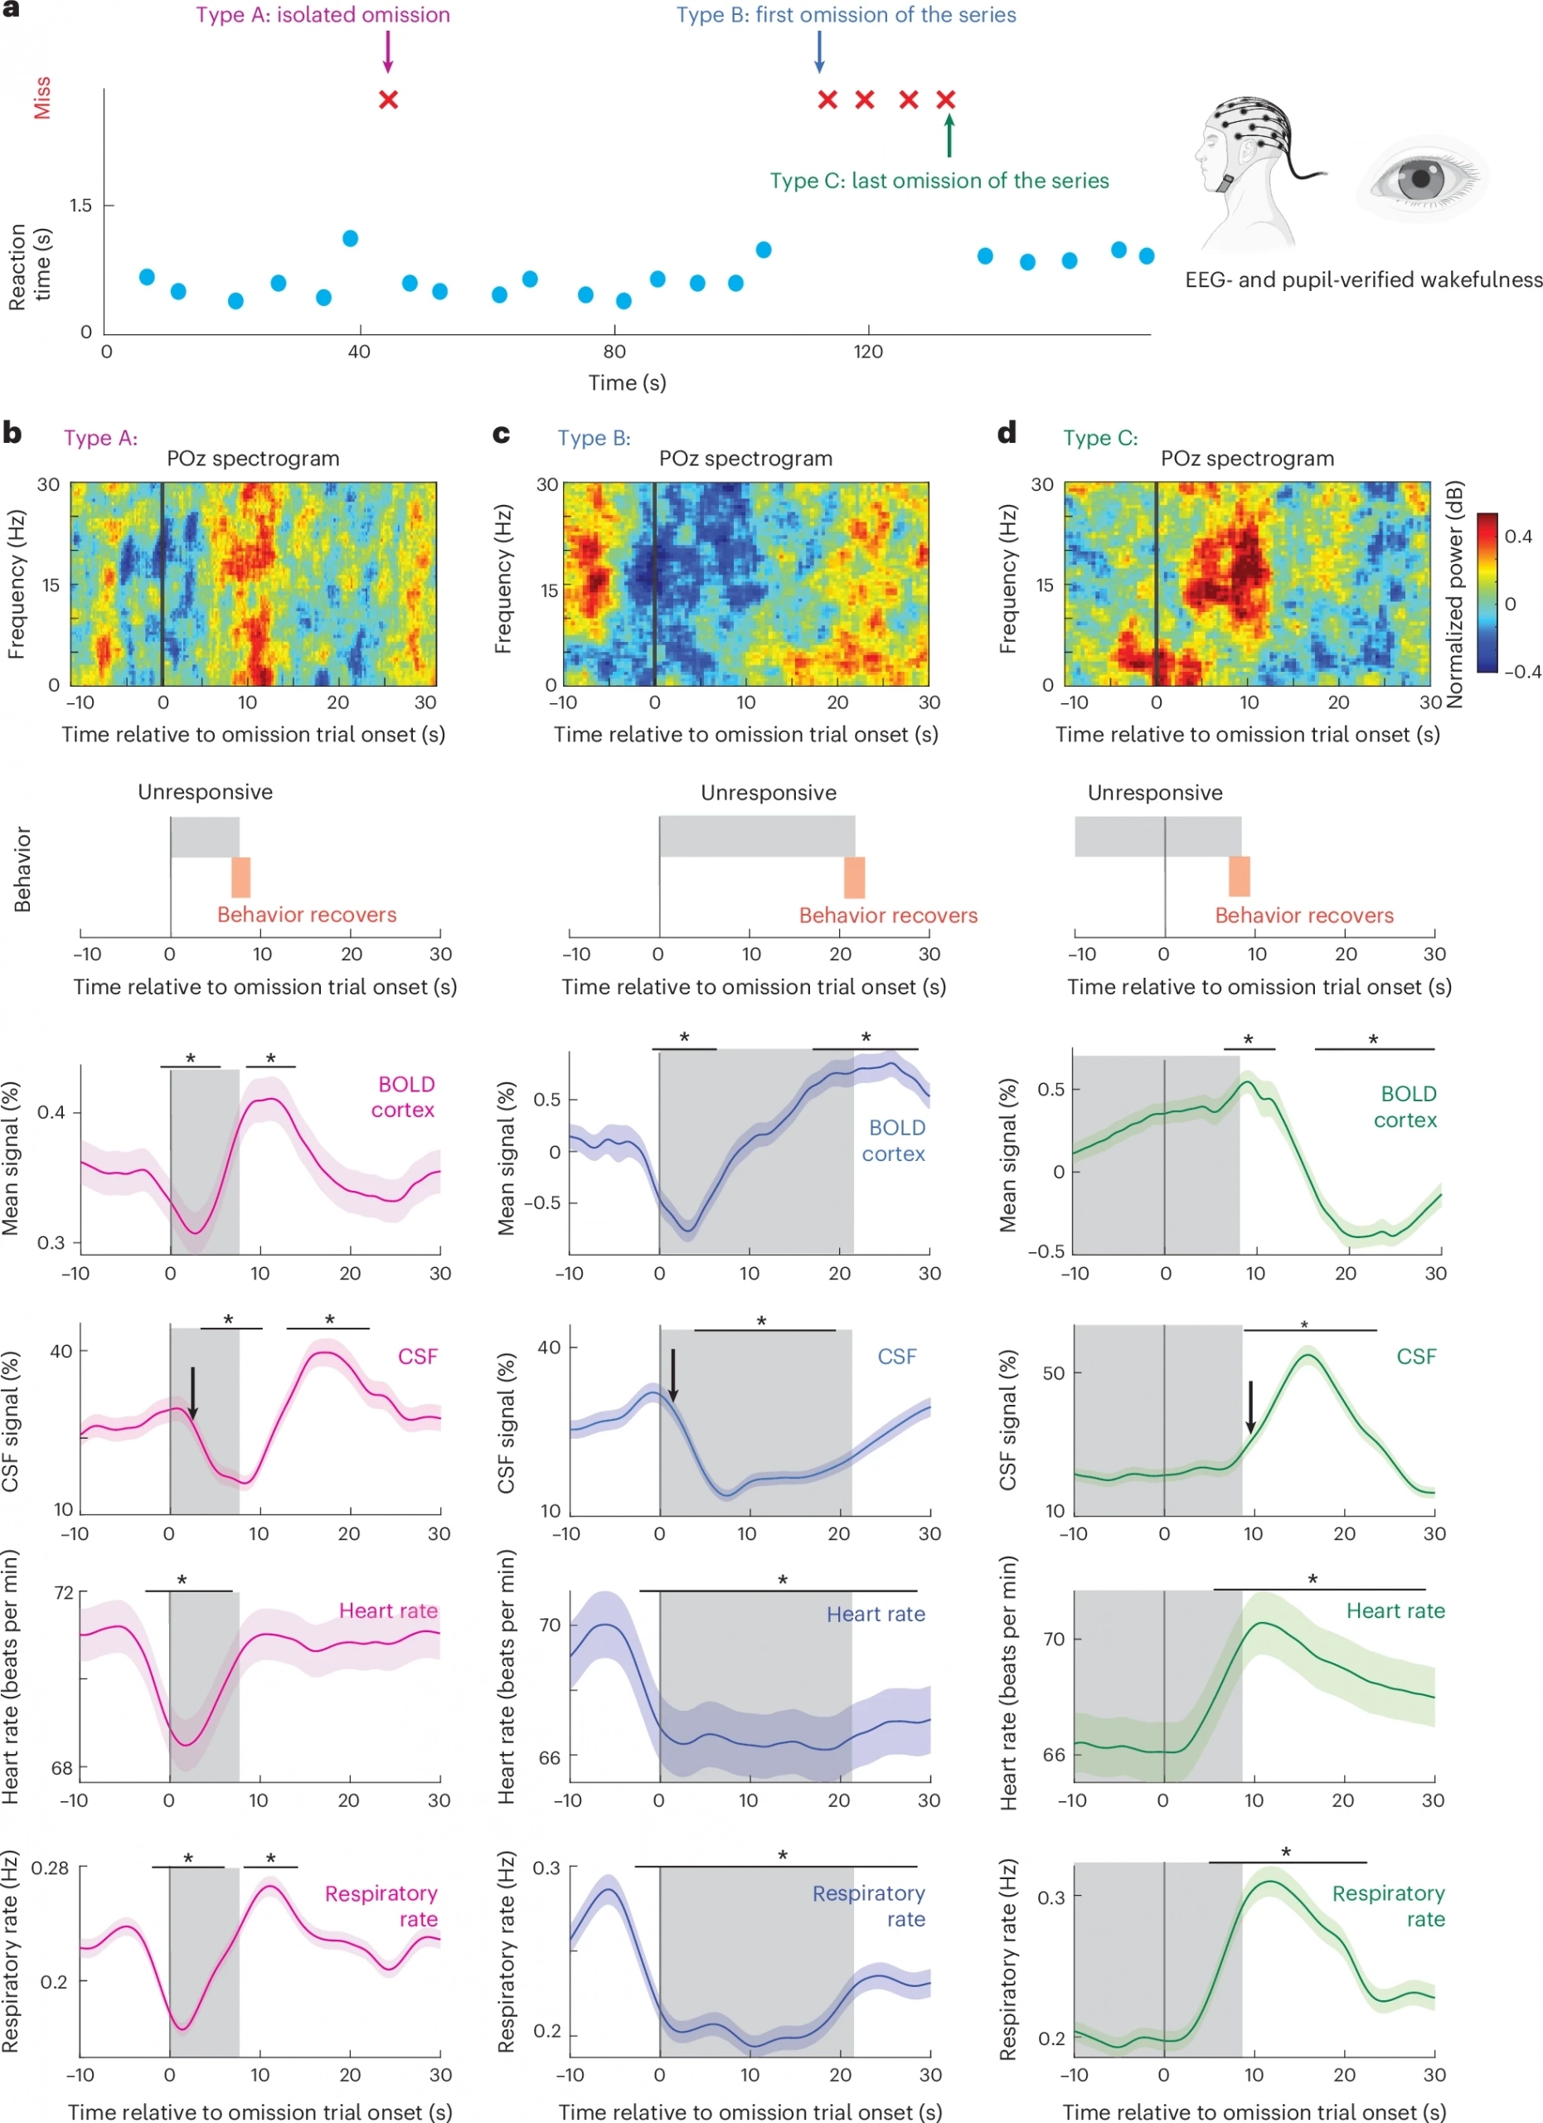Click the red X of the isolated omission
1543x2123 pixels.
(x=388, y=100)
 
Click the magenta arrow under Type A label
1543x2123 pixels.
(x=387, y=51)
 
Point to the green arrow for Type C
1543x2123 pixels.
(x=949, y=136)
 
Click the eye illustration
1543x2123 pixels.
(x=1421, y=177)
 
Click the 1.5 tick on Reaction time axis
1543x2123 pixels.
(x=80, y=205)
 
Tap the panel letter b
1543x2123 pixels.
(x=12, y=434)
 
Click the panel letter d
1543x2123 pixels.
(x=1007, y=434)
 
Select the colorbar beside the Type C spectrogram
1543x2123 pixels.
(x=1487, y=592)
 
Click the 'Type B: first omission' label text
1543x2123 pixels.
(x=846, y=15)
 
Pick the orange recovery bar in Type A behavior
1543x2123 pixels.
(x=240, y=877)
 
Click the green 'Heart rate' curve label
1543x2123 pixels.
(x=1395, y=1611)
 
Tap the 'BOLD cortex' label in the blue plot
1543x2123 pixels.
(x=895, y=1141)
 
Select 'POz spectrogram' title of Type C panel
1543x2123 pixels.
(x=1246, y=459)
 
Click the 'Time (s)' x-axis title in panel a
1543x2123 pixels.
(x=627, y=382)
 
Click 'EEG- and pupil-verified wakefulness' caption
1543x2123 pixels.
(x=1363, y=279)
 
